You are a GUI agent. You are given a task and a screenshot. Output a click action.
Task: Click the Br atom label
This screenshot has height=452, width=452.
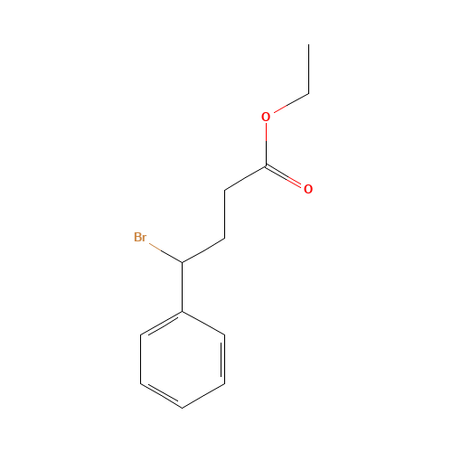tap(140, 237)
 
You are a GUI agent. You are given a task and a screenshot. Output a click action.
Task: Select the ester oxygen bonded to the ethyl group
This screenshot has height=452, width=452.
tap(266, 117)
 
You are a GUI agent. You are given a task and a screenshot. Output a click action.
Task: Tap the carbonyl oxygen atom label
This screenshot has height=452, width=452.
tap(308, 189)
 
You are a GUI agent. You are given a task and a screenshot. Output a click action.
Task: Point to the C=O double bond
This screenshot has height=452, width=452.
tap(283, 177)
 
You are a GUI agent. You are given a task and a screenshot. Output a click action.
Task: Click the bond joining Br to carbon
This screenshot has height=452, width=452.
tap(165, 253)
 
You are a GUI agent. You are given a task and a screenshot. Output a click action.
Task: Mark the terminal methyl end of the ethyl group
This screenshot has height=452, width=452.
tap(308, 44)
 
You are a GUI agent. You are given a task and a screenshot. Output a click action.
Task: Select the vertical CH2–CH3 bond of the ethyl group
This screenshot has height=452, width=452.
tap(308, 69)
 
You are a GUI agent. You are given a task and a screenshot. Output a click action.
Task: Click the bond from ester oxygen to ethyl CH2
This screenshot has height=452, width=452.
tap(291, 103)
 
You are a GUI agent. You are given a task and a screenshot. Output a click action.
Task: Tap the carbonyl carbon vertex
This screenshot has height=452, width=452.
tap(266, 166)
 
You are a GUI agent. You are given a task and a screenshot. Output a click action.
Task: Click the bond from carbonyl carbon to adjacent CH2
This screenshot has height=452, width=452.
tap(245, 178)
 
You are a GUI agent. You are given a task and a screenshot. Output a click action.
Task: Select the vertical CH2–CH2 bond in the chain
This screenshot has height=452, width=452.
tap(224, 214)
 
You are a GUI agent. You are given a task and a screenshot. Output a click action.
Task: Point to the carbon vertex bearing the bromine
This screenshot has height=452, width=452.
tap(183, 262)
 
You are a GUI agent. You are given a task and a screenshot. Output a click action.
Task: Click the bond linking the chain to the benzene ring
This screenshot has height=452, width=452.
tap(183, 287)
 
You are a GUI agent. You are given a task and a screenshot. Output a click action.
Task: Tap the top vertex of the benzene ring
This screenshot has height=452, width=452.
tap(183, 311)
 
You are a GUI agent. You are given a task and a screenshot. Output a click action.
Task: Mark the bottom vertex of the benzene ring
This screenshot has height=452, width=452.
tap(183, 408)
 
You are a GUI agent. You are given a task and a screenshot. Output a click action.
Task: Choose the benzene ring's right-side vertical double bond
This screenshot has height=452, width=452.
tap(223, 359)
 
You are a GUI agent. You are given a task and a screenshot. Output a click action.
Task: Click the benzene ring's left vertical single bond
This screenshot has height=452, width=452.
tap(141, 359)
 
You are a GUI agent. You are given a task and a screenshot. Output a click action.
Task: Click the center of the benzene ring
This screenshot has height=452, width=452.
tap(183, 360)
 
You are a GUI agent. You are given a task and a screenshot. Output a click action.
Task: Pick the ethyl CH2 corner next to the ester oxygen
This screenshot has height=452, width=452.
tap(308, 94)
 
